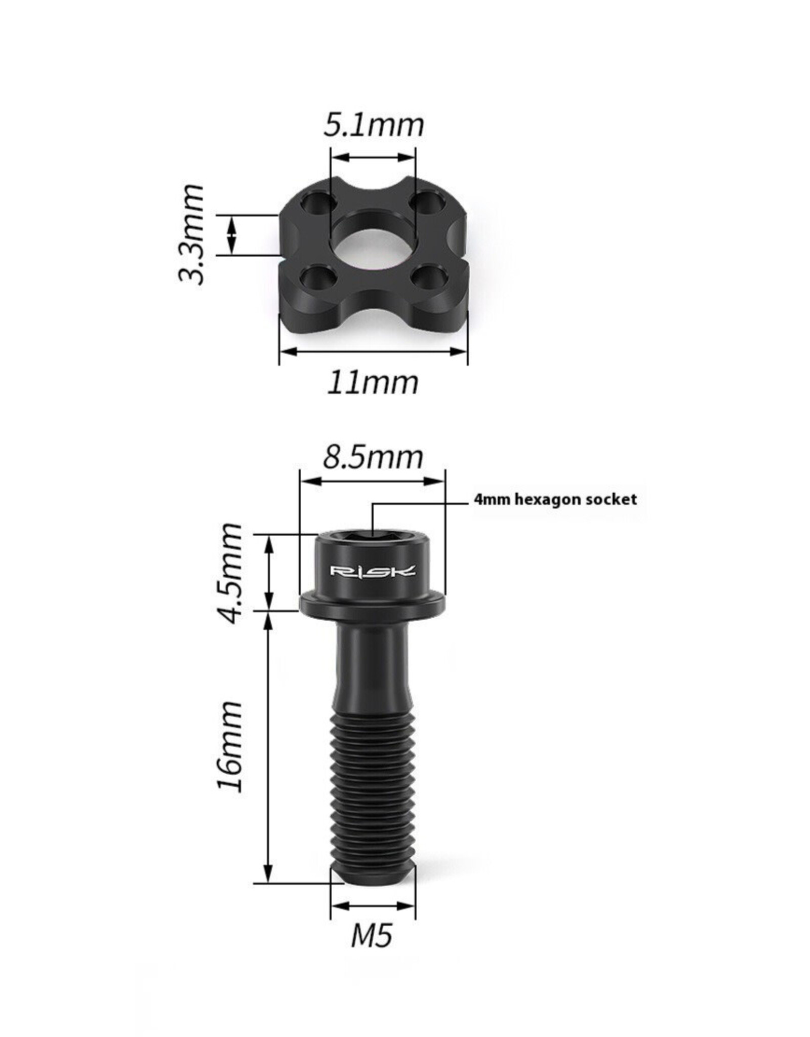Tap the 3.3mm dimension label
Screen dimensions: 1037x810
coord(192,234)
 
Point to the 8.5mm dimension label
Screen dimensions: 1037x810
coord(373,457)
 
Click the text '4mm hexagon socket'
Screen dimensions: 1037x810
coord(555,499)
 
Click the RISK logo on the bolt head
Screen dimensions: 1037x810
coord(373,571)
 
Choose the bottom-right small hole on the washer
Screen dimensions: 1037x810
coord(428,277)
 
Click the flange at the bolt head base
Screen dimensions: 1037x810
coord(373,606)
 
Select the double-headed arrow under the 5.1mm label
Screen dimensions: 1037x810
coord(373,157)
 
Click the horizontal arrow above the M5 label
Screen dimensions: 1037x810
coord(373,906)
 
